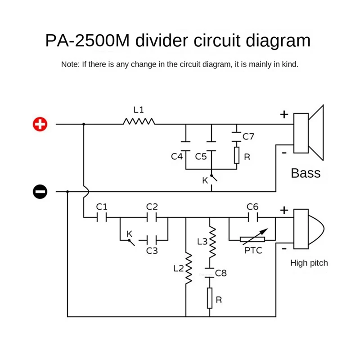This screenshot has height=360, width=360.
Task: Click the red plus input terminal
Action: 40,124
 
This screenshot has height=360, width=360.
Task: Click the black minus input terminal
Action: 40,192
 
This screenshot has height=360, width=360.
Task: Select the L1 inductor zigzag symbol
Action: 139,121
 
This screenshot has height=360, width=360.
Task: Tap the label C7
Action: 248,137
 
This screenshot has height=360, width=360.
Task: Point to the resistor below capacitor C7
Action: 237,155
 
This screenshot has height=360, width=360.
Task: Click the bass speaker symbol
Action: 309,133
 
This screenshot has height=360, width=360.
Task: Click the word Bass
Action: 306,173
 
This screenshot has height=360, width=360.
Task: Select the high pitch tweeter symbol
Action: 309,229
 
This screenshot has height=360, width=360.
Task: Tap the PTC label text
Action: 253,250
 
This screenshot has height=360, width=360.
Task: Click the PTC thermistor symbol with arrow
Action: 252,239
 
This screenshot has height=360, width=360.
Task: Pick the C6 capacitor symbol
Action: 253,217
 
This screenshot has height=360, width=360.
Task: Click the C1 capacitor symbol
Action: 102,217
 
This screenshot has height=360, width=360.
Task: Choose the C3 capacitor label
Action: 152,251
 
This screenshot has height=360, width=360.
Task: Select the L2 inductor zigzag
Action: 189,268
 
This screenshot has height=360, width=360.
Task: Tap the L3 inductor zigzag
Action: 212,242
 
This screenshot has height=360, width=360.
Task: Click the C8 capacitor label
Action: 220,273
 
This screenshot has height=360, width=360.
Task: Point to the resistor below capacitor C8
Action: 210,298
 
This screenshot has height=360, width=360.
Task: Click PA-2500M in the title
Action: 87,40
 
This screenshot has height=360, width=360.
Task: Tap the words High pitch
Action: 309,263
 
